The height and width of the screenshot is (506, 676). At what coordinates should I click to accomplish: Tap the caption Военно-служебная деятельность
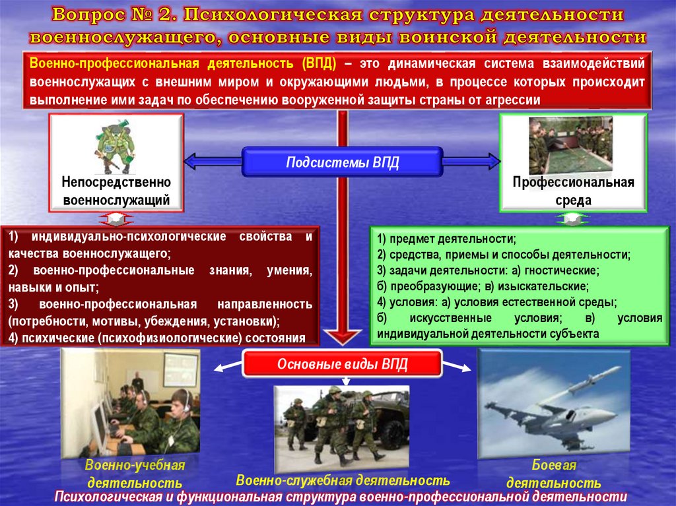[x=343, y=480]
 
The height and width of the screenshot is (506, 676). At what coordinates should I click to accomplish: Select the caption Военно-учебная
[x=135, y=466]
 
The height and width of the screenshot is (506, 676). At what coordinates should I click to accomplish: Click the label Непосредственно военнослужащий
[x=116, y=190]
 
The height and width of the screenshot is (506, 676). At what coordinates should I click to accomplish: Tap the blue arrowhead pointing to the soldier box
[x=190, y=160]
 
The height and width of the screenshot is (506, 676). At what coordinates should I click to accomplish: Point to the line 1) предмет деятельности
[x=447, y=239]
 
